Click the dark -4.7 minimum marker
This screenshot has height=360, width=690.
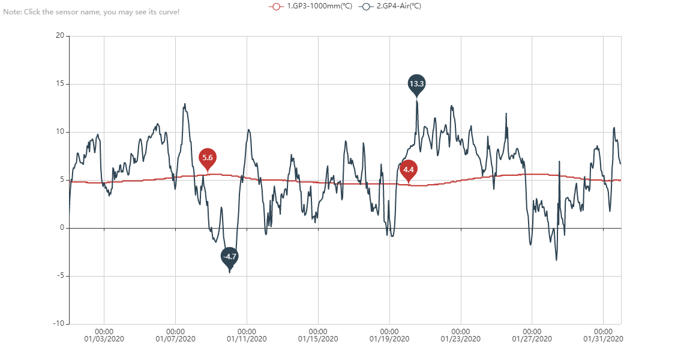tap(230, 256)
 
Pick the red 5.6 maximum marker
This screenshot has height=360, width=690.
tap(208, 158)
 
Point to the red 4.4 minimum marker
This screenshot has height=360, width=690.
tap(409, 170)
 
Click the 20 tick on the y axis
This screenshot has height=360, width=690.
tap(59, 36)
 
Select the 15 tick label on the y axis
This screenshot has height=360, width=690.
tap(59, 84)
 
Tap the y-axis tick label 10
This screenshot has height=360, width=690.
tap(59, 132)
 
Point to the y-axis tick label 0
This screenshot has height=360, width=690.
tap(61, 228)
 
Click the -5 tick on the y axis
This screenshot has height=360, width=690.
tap(59, 276)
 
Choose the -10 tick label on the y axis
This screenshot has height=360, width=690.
tap(58, 324)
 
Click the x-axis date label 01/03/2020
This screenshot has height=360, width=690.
tap(104, 339)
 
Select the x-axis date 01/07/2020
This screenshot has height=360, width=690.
tap(176, 339)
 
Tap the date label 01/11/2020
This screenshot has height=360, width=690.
tap(247, 339)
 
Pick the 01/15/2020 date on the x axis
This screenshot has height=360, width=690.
tap(319, 339)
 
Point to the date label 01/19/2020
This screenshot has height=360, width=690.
tap(390, 339)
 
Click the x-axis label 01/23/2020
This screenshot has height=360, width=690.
tap(461, 339)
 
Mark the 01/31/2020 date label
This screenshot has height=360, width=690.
tap(604, 339)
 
